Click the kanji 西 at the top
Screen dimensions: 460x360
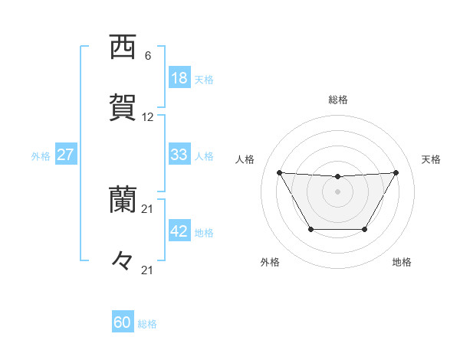coord(123,48)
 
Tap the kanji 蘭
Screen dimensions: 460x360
coord(123,201)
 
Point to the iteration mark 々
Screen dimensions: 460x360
coord(123,260)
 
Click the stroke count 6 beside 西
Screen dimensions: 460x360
coord(148,56)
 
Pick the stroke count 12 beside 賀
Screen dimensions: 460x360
coord(148,117)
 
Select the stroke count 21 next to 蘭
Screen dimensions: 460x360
coord(148,209)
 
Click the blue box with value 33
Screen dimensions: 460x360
coord(179,155)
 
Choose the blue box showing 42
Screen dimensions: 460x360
coord(179,231)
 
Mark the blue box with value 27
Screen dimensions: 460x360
coord(65,155)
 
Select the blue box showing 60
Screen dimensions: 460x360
coord(123,322)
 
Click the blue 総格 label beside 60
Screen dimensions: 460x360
coord(147,324)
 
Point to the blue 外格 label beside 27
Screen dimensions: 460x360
coord(41,156)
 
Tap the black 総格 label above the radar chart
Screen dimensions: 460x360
coord(338,100)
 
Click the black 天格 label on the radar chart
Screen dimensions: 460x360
coord(432,159)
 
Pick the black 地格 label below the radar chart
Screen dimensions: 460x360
coord(402,262)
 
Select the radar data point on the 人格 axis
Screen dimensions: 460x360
coord(279,172)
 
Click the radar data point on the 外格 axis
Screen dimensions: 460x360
coord(310,229)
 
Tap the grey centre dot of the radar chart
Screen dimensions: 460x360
coord(337,191)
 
